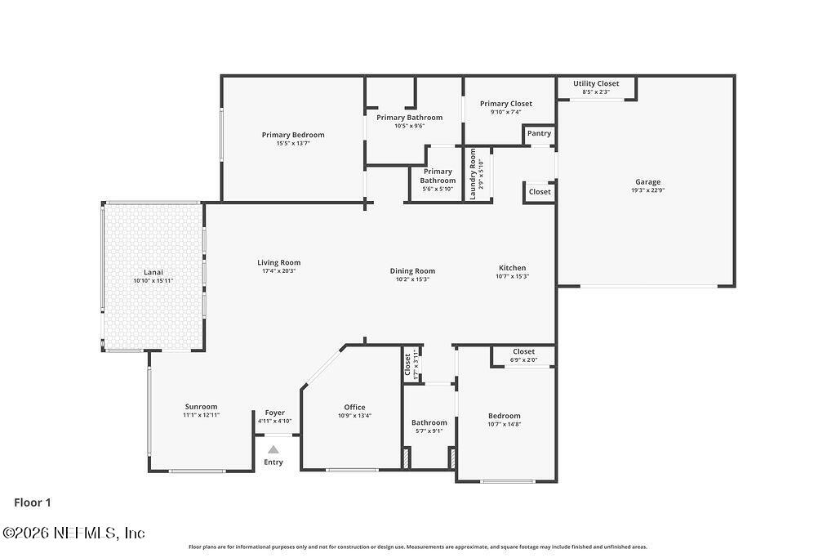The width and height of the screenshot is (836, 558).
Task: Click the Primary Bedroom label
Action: point(292,135)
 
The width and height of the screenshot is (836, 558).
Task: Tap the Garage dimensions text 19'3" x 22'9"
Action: point(648,191)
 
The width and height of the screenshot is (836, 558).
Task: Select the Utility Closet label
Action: point(596,83)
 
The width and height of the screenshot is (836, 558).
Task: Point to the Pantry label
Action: point(539,133)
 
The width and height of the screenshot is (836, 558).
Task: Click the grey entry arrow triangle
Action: point(273,449)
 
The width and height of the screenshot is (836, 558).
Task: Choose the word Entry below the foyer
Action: point(273,462)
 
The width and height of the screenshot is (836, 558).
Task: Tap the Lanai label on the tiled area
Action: point(153,272)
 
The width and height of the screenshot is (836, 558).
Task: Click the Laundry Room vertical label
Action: point(473,174)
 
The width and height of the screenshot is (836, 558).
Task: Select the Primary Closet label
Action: point(505,104)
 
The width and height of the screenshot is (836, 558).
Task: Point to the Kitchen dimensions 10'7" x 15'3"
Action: point(513,276)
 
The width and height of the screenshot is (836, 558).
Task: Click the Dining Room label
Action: point(412,270)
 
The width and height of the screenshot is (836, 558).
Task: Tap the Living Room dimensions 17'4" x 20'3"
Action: point(279,271)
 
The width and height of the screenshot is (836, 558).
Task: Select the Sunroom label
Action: point(201,407)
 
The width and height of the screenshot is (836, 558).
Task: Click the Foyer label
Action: point(274,413)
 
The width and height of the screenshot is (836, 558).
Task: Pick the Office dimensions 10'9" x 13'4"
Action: point(354,416)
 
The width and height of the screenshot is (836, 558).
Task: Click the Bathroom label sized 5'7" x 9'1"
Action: point(429,422)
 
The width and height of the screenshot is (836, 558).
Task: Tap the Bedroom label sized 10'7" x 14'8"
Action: point(504,416)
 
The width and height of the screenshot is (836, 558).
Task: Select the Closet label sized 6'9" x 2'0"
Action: point(523,351)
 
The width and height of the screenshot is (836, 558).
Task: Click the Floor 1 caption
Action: point(33,503)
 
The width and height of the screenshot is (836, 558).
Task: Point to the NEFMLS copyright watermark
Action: point(74,533)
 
